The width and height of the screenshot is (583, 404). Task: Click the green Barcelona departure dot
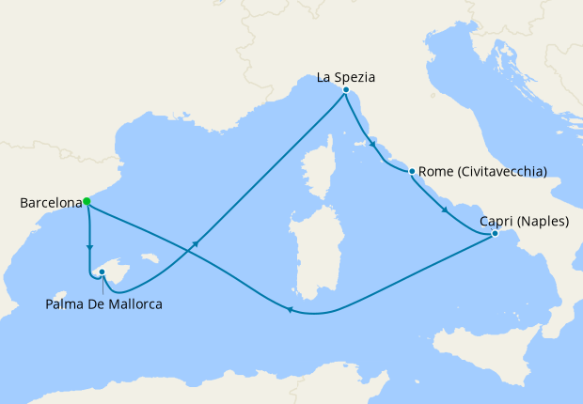point(87,201)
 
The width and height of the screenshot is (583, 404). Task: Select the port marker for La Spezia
point(346,90)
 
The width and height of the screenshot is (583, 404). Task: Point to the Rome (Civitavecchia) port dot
point(412,171)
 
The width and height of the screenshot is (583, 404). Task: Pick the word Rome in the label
point(435,171)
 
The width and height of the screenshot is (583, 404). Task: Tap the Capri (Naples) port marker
point(495,234)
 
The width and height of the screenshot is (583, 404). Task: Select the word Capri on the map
point(496,222)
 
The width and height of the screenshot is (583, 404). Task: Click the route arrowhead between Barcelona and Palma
point(89,250)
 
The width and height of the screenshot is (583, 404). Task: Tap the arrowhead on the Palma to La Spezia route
point(196,243)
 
